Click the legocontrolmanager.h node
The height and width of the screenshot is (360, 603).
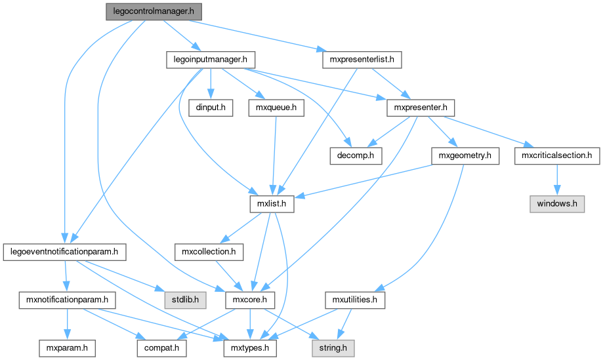154,11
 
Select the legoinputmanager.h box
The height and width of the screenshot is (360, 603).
209,60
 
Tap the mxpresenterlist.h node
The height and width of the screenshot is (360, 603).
362,60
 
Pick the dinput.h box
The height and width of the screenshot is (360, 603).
211,108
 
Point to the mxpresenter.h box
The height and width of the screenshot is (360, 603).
421,108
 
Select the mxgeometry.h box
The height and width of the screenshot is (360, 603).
465,155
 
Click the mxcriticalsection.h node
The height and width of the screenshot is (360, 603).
557,155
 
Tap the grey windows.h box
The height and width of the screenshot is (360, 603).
557,203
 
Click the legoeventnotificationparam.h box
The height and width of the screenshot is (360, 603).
64,251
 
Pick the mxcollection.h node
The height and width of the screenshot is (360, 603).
209,251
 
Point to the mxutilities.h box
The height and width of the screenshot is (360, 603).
355,300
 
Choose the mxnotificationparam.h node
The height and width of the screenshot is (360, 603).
66,300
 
